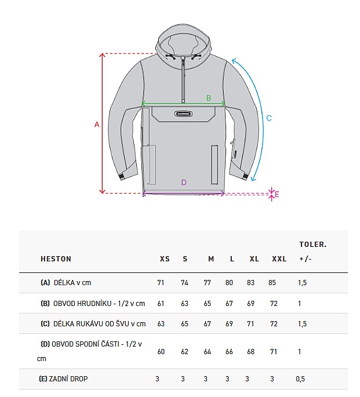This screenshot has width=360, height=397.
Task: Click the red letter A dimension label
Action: [97, 125]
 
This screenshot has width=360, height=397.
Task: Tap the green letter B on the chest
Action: [209, 98]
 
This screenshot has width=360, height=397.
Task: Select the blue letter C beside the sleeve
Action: [269, 118]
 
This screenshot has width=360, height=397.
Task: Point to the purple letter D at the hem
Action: [184, 183]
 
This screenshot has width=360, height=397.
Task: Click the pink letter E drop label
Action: [277, 195]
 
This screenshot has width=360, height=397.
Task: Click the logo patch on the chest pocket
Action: [183, 114]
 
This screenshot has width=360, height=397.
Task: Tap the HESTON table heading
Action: [56, 258]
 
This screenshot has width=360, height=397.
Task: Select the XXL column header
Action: [279, 258]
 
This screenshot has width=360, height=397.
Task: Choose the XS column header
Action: [165, 258]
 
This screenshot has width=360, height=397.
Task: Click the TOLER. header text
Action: [313, 245]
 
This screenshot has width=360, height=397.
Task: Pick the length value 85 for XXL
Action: [272, 283]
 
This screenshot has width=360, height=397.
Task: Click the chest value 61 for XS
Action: [161, 303]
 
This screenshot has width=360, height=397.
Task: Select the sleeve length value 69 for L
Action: [229, 324]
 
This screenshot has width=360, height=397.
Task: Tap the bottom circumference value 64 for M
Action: [208, 352]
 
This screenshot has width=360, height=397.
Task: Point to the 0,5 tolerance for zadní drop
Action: [300, 379]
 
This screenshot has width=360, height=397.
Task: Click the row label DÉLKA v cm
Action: [72, 283]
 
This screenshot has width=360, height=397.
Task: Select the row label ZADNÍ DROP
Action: [68, 379]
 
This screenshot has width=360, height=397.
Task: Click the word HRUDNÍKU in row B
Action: [94, 303]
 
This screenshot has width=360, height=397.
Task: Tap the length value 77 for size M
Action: [208, 283]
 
